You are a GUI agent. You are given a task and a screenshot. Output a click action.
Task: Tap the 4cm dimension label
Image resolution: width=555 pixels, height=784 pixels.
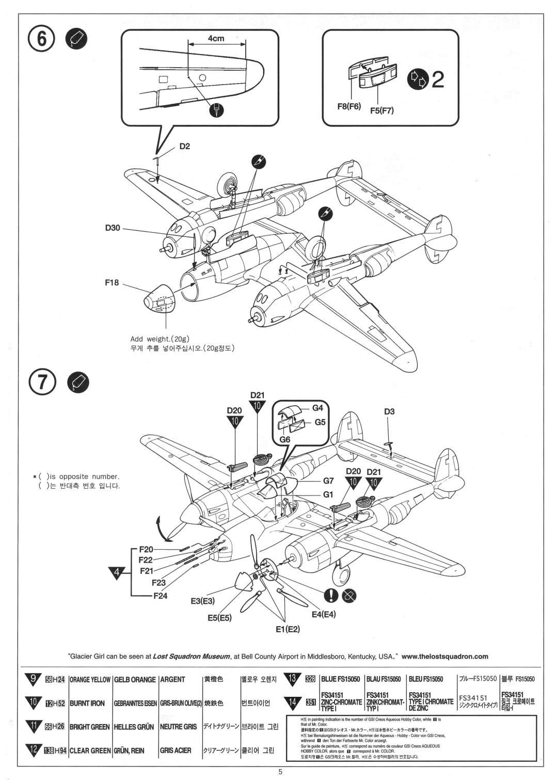click(x=216, y=39)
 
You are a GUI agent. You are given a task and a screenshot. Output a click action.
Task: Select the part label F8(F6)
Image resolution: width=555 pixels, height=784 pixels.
click(x=349, y=107)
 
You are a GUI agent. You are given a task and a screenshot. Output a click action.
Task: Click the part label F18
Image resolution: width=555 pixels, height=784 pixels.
click(x=112, y=282)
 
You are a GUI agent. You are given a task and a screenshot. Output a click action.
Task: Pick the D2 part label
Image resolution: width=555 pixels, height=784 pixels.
click(x=185, y=146)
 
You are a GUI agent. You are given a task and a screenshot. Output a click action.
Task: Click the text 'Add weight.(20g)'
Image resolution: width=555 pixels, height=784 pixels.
click(x=160, y=339)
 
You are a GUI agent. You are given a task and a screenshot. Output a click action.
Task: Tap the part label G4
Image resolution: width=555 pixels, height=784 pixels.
click(x=317, y=407)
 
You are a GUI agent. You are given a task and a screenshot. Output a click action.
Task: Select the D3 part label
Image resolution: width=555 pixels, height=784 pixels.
click(x=389, y=411)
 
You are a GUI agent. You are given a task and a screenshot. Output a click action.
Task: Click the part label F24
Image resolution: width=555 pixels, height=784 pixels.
click(x=161, y=596)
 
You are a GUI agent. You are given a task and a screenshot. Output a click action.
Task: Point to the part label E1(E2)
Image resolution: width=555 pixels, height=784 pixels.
click(x=288, y=629)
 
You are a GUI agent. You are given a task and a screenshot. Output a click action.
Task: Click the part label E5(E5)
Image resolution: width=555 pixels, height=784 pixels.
click(x=220, y=618)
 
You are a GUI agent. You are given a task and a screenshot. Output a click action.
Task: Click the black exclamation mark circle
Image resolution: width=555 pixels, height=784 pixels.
click(x=331, y=595)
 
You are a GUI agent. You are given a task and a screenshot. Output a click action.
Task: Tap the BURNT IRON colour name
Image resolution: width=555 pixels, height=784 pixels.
click(x=87, y=703)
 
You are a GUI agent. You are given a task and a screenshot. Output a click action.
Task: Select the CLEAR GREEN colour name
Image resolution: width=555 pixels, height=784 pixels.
click(x=89, y=750)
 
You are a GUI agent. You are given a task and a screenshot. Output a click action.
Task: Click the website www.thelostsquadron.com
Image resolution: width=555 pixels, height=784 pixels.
click(x=445, y=657)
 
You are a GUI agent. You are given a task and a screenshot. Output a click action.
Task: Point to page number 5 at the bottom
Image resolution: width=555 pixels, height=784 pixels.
click(x=280, y=773)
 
